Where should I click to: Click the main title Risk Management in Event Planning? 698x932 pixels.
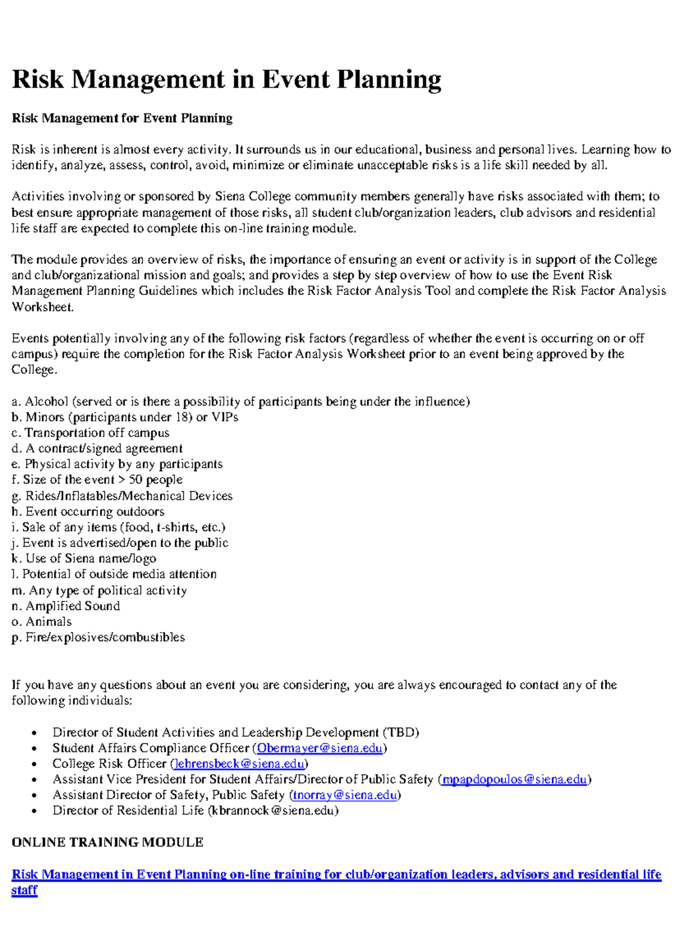click(x=226, y=80)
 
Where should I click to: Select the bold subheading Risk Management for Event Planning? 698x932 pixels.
click(x=122, y=119)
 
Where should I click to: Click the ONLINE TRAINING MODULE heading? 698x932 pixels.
click(x=108, y=842)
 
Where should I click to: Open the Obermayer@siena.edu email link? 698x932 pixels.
click(x=319, y=748)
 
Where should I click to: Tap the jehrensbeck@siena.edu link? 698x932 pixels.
click(x=239, y=764)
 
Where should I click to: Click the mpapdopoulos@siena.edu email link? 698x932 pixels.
click(x=514, y=780)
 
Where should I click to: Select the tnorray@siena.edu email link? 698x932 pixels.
click(x=345, y=795)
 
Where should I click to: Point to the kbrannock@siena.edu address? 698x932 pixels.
click(x=273, y=811)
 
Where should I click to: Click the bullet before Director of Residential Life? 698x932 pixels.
click(x=35, y=812)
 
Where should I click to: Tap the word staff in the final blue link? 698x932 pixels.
click(x=24, y=891)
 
